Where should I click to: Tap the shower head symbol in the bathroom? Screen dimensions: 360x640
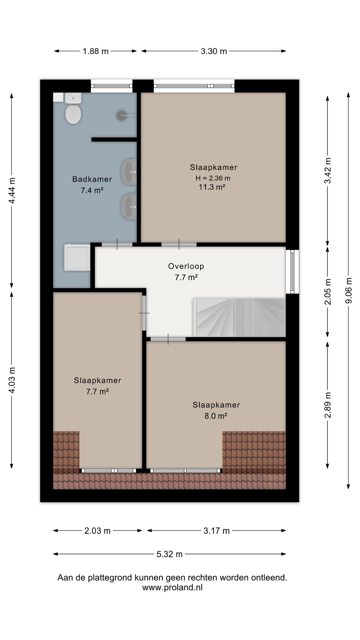point(122,115)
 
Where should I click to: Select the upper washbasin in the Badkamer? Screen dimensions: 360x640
point(129,172)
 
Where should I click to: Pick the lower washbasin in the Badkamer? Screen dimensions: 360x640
point(129,207)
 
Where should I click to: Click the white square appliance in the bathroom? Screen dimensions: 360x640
point(77,258)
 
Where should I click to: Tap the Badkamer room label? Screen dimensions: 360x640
point(92,179)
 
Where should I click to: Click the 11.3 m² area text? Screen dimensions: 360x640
point(212,187)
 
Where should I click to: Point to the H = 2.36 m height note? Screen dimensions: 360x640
point(213,178)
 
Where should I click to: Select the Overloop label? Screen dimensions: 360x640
point(186,266)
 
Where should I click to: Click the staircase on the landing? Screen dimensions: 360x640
point(240,318)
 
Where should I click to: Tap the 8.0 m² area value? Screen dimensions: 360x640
point(216,416)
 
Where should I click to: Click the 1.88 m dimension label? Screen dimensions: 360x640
point(96,51)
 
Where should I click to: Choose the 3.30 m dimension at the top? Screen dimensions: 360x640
point(214,51)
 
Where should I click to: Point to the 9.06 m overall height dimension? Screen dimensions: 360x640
point(349,291)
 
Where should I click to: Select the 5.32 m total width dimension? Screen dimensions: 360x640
point(170,554)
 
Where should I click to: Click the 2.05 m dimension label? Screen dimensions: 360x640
point(328,292)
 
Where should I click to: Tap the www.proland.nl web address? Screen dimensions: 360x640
point(172,587)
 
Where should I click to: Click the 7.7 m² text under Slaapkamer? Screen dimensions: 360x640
point(97,392)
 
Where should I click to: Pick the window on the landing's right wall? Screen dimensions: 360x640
point(292,271)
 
